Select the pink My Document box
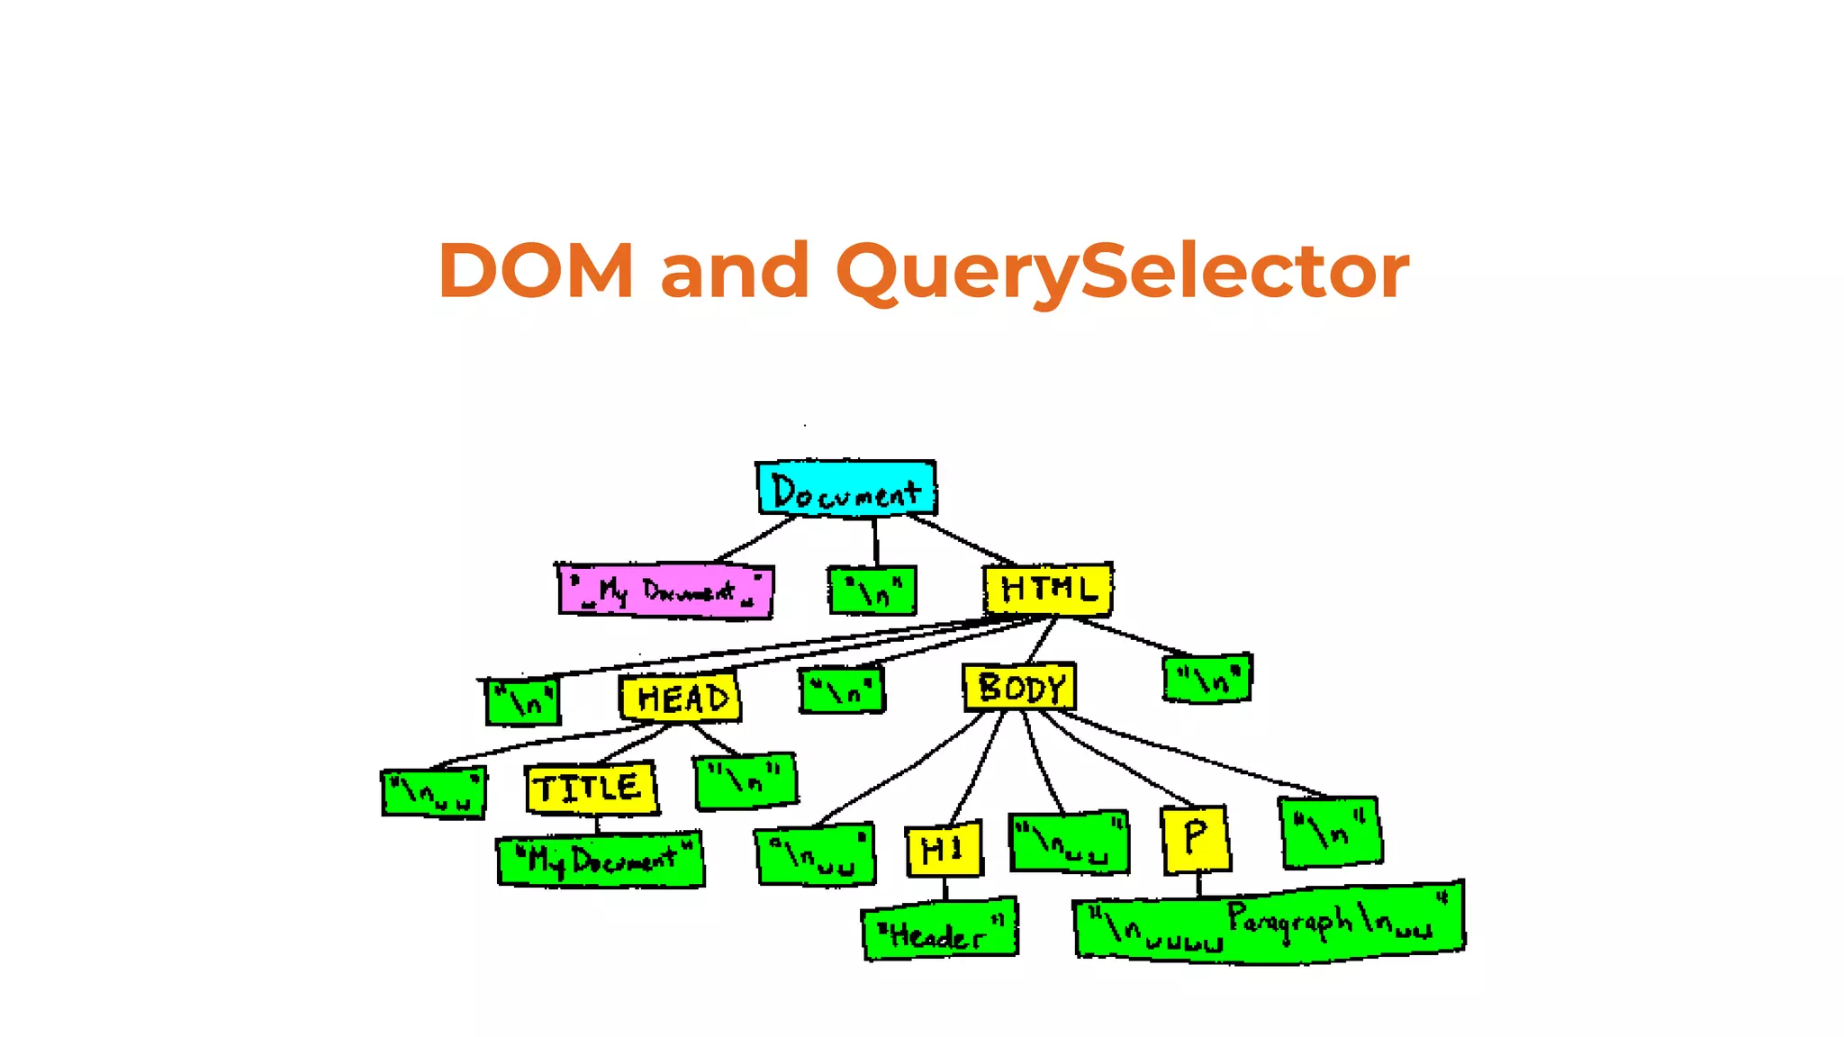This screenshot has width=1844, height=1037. tap(665, 591)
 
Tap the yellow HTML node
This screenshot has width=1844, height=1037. tap(1048, 590)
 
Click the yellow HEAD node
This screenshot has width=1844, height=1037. tap(681, 698)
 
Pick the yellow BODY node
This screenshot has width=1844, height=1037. tap(1019, 688)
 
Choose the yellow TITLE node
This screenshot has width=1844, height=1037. tap(591, 789)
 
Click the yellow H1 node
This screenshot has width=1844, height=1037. tap(943, 850)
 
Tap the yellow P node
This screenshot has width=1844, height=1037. tap(1195, 839)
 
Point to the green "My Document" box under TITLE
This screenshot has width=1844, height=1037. tap(601, 861)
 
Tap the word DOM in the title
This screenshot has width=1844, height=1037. tap(537, 271)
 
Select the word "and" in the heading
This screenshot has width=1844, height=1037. tap(735, 271)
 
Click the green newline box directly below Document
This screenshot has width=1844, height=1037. tap(872, 591)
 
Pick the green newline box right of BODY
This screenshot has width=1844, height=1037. tap(1207, 678)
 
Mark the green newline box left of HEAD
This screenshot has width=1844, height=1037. tap(523, 701)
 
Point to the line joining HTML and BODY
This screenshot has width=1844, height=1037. tap(1042, 641)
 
